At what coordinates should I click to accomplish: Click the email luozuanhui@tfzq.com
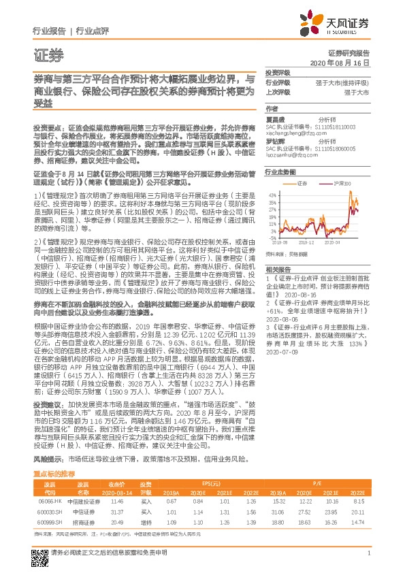tap(289, 153)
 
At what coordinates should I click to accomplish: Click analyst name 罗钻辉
tap(274, 140)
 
